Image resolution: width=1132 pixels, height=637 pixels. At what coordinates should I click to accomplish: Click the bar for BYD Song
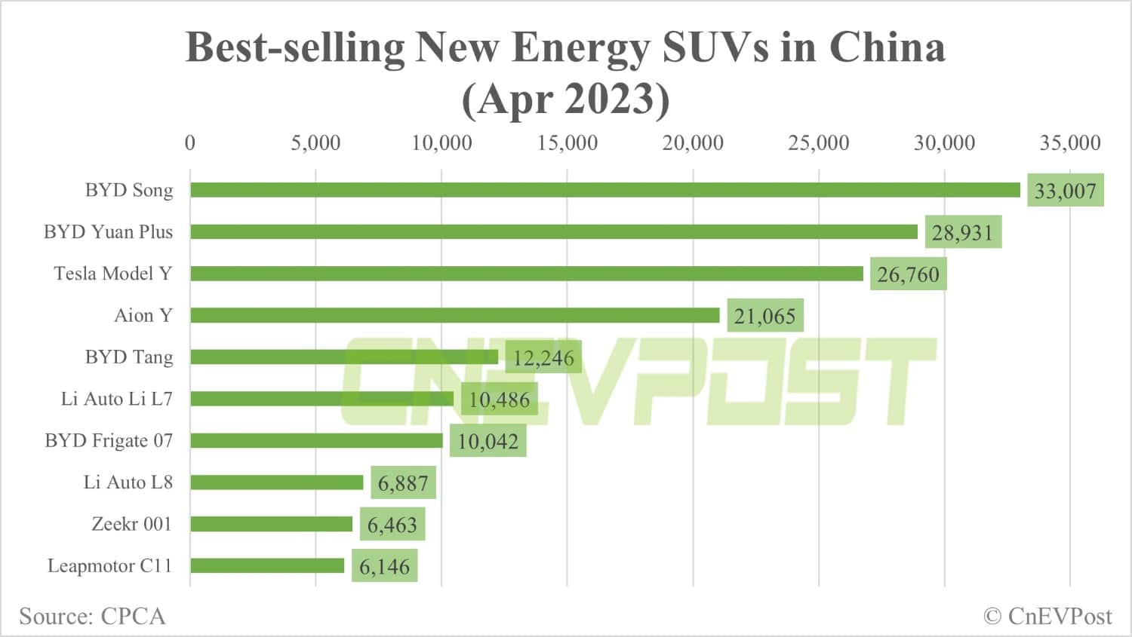tap(604, 190)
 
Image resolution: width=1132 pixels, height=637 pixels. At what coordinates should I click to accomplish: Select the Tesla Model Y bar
tap(526, 274)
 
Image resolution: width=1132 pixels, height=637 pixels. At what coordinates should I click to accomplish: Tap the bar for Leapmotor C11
tap(267, 565)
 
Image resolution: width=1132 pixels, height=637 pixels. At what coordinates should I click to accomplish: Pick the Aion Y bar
tap(454, 315)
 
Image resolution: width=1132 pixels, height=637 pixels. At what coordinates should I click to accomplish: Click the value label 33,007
tap(1065, 191)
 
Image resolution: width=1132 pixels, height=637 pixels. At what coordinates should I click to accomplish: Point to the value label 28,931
tap(961, 232)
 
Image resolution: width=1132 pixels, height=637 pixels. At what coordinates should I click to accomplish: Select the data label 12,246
tap(543, 357)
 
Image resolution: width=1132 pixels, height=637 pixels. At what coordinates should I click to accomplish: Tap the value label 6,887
tap(403, 483)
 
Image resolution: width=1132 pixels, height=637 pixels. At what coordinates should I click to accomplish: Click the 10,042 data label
tap(488, 441)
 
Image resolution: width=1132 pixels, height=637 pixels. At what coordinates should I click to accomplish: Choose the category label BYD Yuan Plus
tap(108, 231)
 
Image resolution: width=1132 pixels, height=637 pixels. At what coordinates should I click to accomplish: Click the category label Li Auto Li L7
tap(116, 398)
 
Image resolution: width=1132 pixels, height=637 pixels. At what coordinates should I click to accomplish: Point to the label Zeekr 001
tap(131, 523)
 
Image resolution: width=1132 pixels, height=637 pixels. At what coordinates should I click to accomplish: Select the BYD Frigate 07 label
tap(109, 440)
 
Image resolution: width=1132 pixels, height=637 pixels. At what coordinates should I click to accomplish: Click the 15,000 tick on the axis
tap(567, 142)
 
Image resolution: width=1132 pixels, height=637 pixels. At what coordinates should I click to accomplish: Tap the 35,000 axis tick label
tap(1069, 142)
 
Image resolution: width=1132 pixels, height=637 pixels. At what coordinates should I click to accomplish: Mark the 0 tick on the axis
tap(190, 142)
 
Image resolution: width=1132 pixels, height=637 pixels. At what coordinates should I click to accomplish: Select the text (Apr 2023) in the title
tap(565, 99)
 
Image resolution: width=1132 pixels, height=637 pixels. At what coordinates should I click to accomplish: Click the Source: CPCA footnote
tap(92, 616)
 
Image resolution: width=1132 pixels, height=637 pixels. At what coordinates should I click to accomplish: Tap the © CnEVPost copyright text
tap(1047, 616)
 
